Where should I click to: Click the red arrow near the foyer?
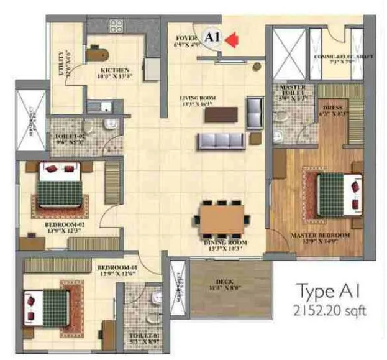click(232, 40)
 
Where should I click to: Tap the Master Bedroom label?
click(319, 238)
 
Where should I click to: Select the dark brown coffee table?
click(221, 114)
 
